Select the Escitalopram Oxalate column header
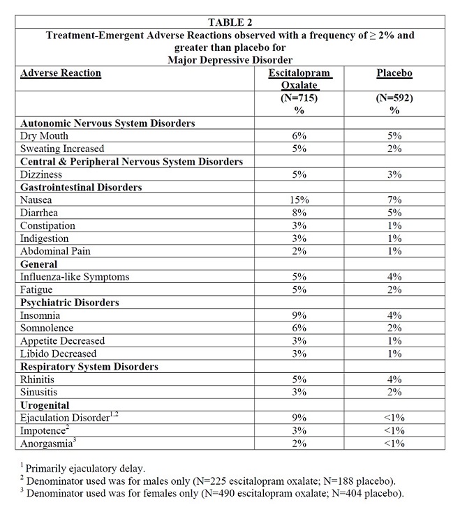point(299,79)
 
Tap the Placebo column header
point(394,73)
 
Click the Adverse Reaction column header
point(61,73)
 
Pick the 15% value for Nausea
point(299,200)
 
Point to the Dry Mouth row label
point(44,136)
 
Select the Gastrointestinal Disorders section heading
point(81,187)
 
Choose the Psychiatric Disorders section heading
point(70,303)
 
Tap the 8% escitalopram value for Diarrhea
point(299,213)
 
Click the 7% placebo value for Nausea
point(394,200)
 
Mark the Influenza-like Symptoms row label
point(75,277)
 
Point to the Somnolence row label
point(47,328)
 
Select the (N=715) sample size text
point(299,98)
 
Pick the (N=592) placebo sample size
point(394,98)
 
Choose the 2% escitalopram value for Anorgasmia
point(299,444)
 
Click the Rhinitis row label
point(39,379)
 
